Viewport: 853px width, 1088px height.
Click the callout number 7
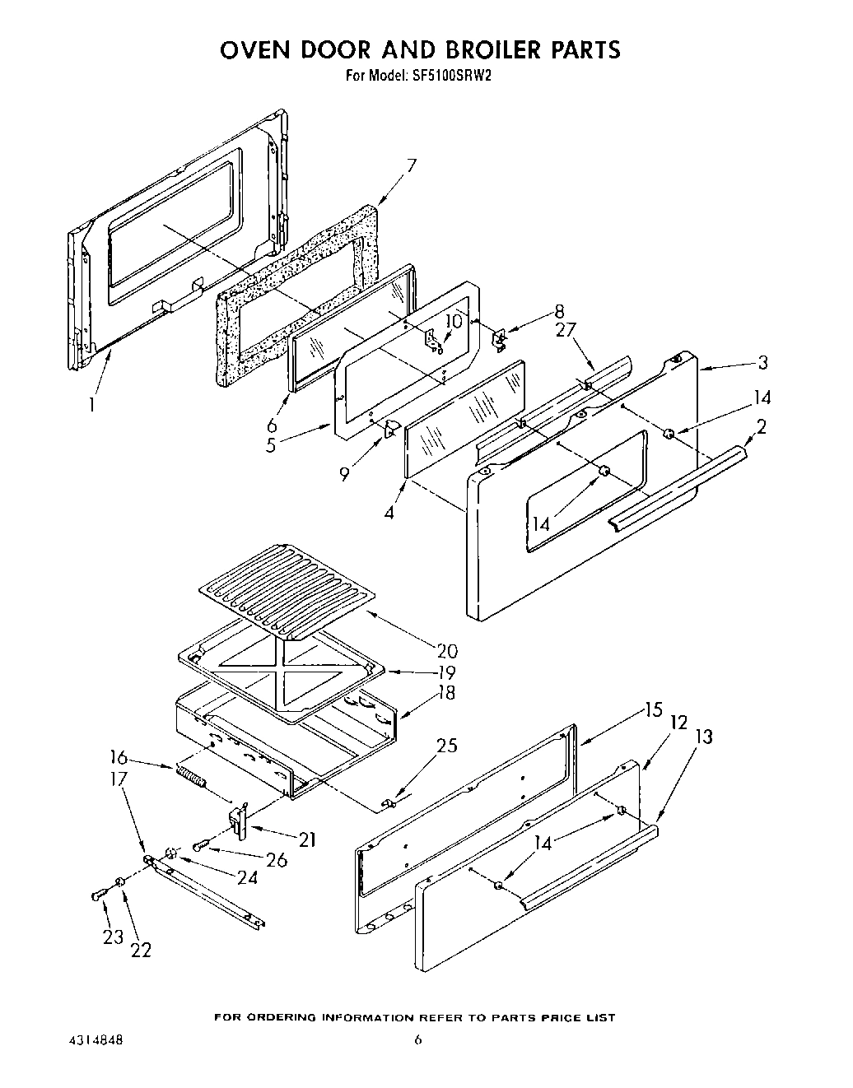click(411, 165)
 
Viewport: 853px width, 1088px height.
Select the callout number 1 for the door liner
click(92, 404)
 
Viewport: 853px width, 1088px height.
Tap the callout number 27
click(566, 329)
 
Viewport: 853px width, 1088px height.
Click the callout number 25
click(447, 746)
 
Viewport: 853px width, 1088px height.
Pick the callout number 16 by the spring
click(119, 757)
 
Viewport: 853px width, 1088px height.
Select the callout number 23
click(113, 936)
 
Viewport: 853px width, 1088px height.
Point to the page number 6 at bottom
click(418, 1040)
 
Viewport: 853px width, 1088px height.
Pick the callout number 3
click(763, 362)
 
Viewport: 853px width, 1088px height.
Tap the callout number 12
click(678, 723)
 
